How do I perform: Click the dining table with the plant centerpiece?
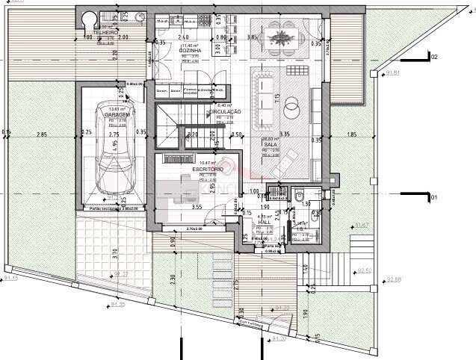283,37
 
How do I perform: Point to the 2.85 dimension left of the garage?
42,134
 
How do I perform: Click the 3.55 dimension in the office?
197,206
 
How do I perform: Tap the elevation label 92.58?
394,280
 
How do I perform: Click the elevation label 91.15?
10,278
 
